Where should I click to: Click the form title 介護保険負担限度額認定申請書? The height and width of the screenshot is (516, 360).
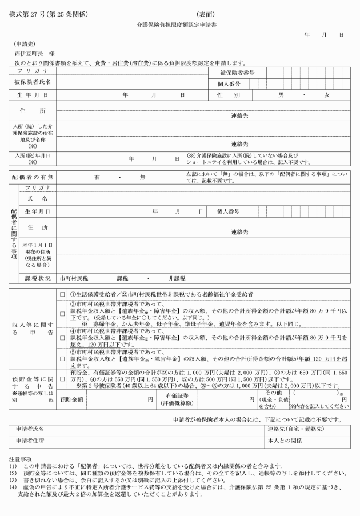[180, 26]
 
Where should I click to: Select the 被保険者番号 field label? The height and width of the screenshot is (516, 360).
[237, 73]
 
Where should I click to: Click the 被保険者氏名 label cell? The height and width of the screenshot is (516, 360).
[33, 82]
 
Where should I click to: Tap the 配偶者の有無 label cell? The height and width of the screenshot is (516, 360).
[33, 177]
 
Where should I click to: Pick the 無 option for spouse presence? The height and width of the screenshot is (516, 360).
[142, 177]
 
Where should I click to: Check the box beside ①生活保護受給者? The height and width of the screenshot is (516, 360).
[62, 294]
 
